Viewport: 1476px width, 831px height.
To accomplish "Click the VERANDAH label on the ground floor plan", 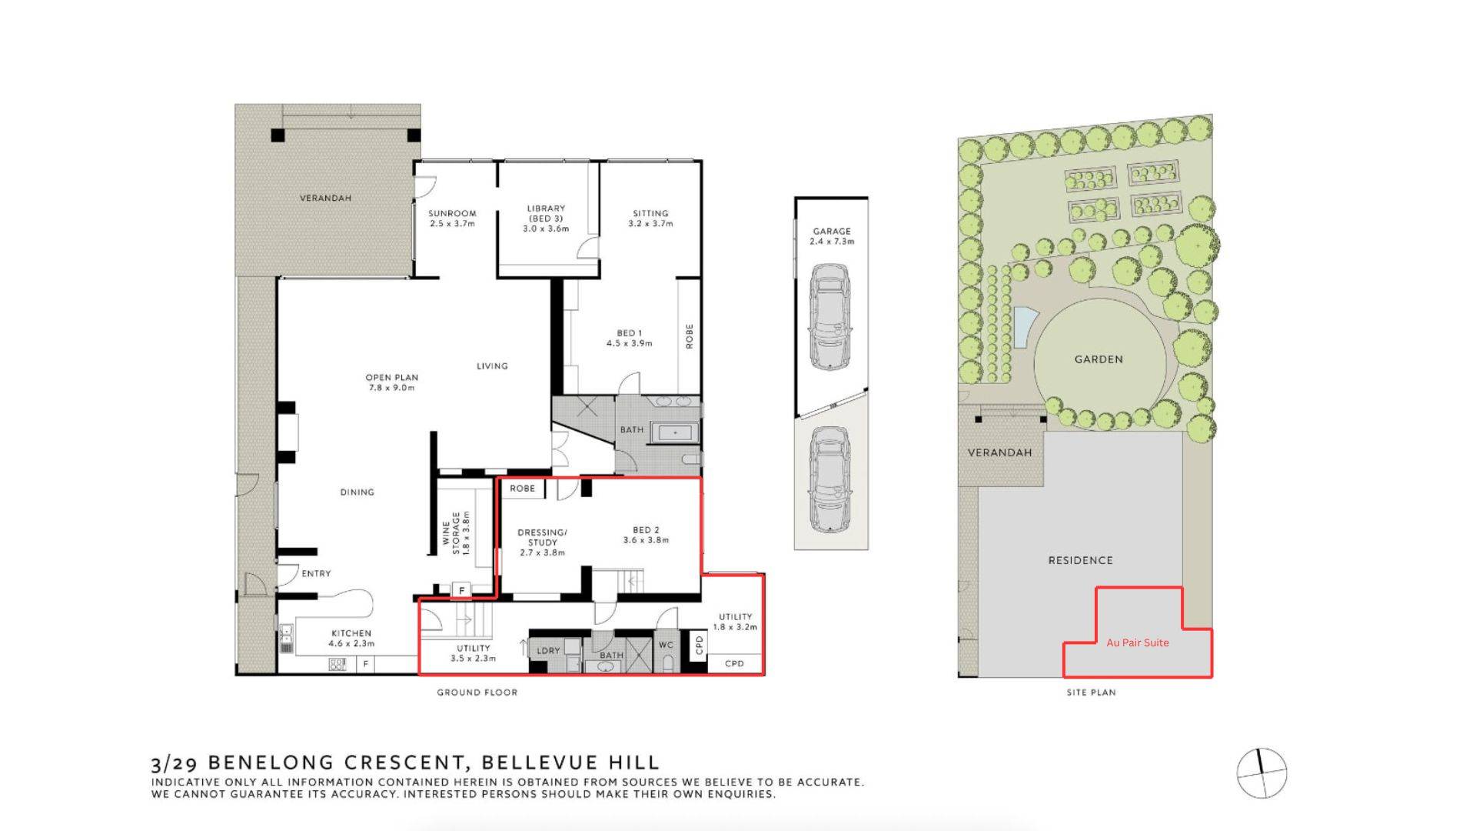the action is [x=325, y=199].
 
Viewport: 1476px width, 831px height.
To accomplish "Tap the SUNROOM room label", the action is [x=452, y=219].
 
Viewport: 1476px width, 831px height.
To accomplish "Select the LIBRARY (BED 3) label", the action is [x=546, y=219].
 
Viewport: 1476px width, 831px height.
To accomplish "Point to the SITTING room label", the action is [x=650, y=219].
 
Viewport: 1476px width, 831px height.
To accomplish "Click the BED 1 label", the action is [x=629, y=339].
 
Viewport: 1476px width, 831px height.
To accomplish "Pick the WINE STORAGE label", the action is [x=456, y=532].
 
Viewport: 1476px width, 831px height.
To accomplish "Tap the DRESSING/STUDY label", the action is [x=542, y=542].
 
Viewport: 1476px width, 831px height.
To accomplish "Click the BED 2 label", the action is [x=646, y=535].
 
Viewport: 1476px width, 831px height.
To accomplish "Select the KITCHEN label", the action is [x=351, y=639].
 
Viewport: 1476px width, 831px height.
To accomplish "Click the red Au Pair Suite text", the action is [x=1138, y=642].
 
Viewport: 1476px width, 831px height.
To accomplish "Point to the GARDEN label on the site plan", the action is [x=1099, y=359].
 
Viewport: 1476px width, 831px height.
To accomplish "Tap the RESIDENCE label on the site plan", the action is [x=1080, y=560].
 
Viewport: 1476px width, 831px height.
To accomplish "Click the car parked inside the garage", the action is [x=830, y=317].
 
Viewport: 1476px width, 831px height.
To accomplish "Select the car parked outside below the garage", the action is [x=830, y=479].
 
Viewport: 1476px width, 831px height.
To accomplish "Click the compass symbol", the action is [x=1262, y=773].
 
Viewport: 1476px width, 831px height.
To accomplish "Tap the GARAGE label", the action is [x=832, y=236].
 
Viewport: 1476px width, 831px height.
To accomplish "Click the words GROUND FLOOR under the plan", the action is [x=477, y=692].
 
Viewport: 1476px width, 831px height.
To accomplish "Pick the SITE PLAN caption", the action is [x=1091, y=692].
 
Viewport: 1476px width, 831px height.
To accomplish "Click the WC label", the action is [x=666, y=645].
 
